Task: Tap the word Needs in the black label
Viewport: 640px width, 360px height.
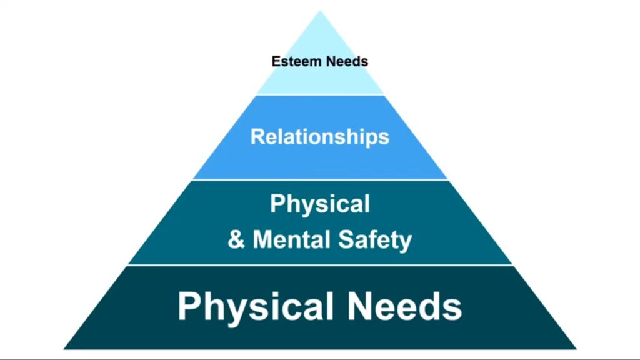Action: pyautogui.click(x=347, y=61)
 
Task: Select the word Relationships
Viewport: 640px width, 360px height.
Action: pyautogui.click(x=319, y=137)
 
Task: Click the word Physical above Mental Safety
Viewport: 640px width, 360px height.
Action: pyautogui.click(x=319, y=204)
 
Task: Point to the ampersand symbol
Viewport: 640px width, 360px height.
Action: pyautogui.click(x=236, y=239)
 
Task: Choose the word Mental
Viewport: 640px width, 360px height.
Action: pyautogui.click(x=292, y=239)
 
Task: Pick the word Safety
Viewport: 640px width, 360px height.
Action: pyautogui.click(x=375, y=240)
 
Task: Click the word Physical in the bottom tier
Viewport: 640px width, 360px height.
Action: pyautogui.click(x=256, y=307)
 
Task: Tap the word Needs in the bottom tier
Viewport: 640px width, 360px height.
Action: pyautogui.click(x=404, y=306)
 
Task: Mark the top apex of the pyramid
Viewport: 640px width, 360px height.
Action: pyautogui.click(x=320, y=11)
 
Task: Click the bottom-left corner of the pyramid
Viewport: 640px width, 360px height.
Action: pyautogui.click(x=64, y=349)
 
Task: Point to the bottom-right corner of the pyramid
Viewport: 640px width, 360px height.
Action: pyautogui.click(x=576, y=349)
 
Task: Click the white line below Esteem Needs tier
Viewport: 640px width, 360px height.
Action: pyautogui.click(x=320, y=96)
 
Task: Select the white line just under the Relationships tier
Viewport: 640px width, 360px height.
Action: pyautogui.click(x=320, y=180)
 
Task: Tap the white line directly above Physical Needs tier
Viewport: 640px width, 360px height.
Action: pyautogui.click(x=320, y=265)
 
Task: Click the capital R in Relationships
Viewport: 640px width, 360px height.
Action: pyautogui.click(x=259, y=137)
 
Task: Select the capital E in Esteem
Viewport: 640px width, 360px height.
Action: pyautogui.click(x=277, y=61)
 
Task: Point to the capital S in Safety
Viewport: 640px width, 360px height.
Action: pyautogui.click(x=346, y=239)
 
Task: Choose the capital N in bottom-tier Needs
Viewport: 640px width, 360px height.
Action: pyautogui.click(x=360, y=306)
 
